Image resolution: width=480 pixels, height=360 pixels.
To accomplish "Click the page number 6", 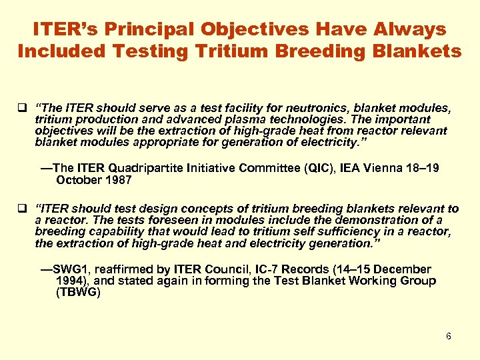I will point(449,336).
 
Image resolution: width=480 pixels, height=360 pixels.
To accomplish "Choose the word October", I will point(79,180).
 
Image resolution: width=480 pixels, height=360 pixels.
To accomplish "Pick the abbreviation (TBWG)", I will point(79,292).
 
